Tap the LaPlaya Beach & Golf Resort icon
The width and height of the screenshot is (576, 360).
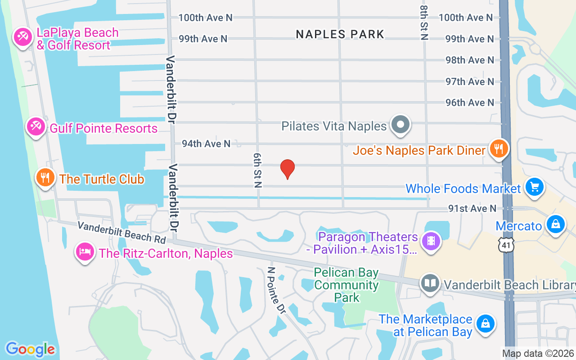coord(22,36)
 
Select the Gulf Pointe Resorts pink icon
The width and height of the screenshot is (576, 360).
coord(35,126)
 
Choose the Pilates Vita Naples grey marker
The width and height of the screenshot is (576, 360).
coord(400,124)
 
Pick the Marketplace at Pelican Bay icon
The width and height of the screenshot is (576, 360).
coord(486,323)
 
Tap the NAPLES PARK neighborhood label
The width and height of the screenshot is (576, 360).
coord(340,34)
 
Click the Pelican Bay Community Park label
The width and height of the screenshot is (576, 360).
coord(346,285)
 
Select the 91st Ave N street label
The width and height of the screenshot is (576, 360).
coord(472,208)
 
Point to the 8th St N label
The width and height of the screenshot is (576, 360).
coord(424,22)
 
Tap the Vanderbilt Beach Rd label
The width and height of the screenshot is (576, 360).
coord(121,232)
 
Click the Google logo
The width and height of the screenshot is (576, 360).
coord(30,349)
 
